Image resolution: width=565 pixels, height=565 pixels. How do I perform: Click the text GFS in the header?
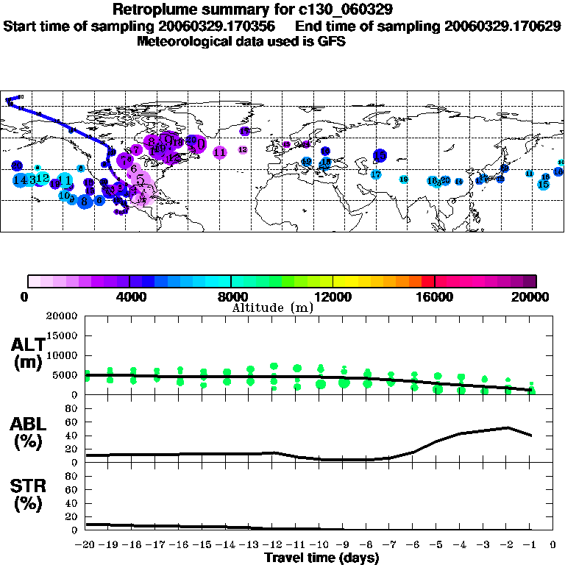(x=332, y=41)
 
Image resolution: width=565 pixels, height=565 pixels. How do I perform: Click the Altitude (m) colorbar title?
(x=272, y=307)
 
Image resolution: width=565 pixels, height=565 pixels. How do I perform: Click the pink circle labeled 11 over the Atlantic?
(x=219, y=152)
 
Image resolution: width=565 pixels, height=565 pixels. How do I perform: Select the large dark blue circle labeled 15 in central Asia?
(x=380, y=155)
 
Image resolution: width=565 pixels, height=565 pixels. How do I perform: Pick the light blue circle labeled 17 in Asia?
(x=376, y=174)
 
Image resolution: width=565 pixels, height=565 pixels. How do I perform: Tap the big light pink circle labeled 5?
(x=140, y=179)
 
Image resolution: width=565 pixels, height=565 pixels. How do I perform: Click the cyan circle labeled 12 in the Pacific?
(x=42, y=178)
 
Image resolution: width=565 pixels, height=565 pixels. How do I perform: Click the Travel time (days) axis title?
(x=321, y=558)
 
